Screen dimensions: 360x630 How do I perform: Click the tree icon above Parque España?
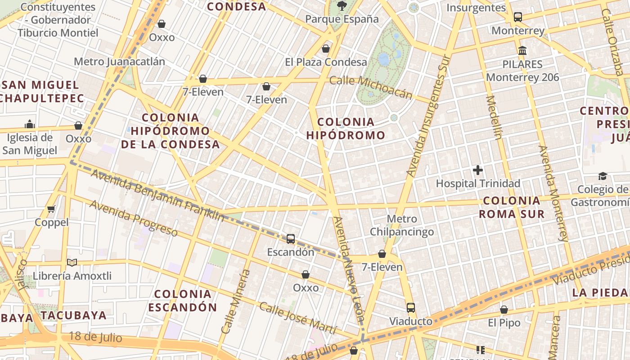(342, 5)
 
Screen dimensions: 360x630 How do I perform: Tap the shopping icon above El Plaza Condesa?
(326, 49)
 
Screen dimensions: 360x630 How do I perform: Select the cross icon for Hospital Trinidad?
(478, 170)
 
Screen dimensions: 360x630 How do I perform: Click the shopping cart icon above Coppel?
(51, 209)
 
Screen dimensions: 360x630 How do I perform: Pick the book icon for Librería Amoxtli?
(72, 262)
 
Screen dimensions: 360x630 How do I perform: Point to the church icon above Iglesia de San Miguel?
(30, 124)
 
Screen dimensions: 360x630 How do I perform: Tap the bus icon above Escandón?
(291, 239)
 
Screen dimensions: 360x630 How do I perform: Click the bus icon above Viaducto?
(410, 308)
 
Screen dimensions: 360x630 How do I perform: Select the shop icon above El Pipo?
(504, 310)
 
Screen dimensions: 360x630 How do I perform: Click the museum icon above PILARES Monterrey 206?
(522, 50)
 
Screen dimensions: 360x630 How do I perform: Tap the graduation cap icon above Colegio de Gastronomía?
(603, 176)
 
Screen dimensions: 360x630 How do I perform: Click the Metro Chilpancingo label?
(402, 225)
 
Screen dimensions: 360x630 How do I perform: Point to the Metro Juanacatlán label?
(119, 61)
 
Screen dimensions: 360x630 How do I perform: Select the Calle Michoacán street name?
(371, 87)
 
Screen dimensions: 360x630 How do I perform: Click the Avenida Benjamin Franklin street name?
(157, 195)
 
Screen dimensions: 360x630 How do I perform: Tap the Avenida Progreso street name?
(134, 218)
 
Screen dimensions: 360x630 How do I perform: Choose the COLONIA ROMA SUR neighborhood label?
(511, 207)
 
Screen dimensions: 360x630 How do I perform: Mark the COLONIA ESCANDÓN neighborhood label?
(182, 301)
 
